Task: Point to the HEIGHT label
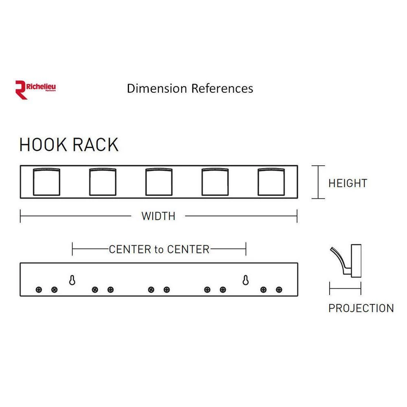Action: tap(347, 183)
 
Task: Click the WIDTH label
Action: tap(158, 216)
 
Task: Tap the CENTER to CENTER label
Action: tap(159, 249)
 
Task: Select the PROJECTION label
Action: tap(361, 308)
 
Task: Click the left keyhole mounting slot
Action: tap(72, 280)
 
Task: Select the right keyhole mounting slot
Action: tap(246, 280)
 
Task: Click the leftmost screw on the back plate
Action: tap(39, 290)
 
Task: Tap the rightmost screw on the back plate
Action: tap(279, 290)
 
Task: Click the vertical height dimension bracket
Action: tap(318, 182)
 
